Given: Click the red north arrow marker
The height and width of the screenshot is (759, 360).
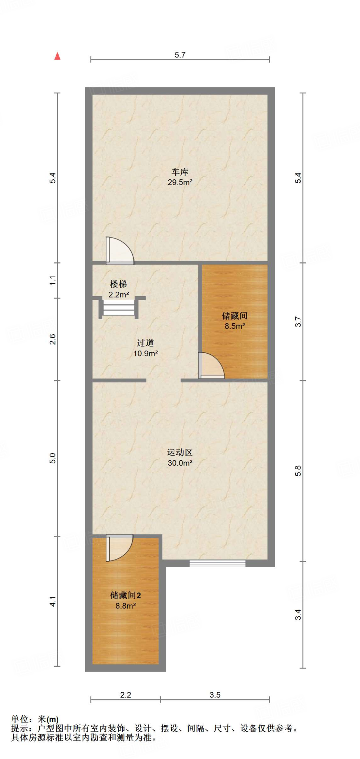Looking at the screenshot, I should point(57,56).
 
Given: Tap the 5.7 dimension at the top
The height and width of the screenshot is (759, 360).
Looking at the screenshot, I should point(180,55).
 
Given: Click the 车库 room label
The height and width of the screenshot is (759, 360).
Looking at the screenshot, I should point(180,172).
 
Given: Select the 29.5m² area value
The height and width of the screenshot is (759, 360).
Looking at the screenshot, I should point(180,182).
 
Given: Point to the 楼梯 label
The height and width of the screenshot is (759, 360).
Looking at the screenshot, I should point(118,284).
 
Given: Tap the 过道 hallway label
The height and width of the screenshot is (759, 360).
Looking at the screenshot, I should point(145,343).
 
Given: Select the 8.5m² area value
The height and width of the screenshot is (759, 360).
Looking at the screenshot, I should point(235,326).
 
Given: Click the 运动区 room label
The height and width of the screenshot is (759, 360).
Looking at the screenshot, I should point(180,453).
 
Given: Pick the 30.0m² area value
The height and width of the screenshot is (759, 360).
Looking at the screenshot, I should point(180,463).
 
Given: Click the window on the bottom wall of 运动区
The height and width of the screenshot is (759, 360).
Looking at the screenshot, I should point(217,563).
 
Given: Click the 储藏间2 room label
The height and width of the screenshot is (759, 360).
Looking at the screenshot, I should point(125,595).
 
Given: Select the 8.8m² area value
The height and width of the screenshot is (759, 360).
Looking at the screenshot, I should point(125,606).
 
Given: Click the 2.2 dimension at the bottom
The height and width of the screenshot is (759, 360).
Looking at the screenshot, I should point(126,695).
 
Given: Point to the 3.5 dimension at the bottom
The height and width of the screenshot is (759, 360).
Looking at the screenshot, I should point(215,695).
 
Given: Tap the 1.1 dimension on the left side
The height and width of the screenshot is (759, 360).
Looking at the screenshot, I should point(53,280).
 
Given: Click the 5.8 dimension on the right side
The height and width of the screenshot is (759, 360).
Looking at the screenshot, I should point(298,471).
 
